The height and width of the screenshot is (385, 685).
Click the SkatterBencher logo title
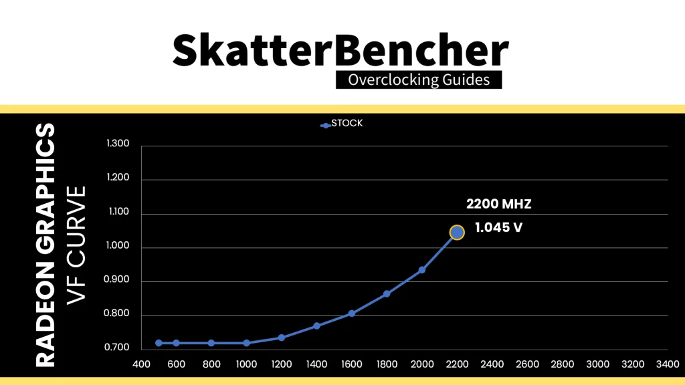(342, 50)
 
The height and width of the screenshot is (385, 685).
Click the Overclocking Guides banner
(418, 80)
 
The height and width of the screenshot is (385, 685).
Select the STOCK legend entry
(342, 124)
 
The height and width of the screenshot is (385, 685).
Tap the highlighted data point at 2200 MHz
(457, 232)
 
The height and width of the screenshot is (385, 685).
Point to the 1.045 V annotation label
(498, 228)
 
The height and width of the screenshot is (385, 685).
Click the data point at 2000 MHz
(422, 270)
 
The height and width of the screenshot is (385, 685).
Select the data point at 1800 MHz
(387, 293)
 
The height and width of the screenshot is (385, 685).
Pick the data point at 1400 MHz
(316, 326)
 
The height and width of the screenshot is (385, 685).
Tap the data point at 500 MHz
(159, 343)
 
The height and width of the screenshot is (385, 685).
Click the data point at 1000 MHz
(246, 343)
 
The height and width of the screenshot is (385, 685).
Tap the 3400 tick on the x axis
(668, 365)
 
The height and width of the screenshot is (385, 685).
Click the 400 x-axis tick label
(141, 365)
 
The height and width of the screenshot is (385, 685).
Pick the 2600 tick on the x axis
(527, 365)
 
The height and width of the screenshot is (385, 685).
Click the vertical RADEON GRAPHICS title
(45, 245)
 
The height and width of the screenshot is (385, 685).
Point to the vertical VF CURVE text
(78, 245)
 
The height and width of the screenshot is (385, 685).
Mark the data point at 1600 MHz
(352, 313)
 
